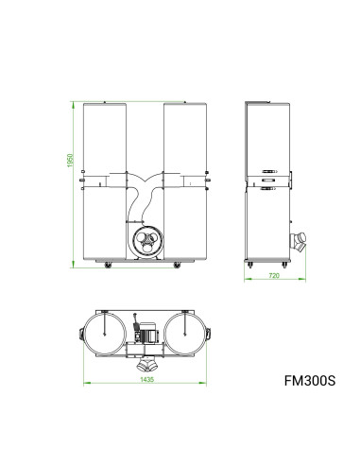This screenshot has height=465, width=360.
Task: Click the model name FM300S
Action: click(x=310, y=384)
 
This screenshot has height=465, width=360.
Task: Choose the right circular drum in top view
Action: click(x=185, y=333)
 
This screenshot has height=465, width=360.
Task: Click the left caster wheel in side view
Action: click(x=249, y=266)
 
